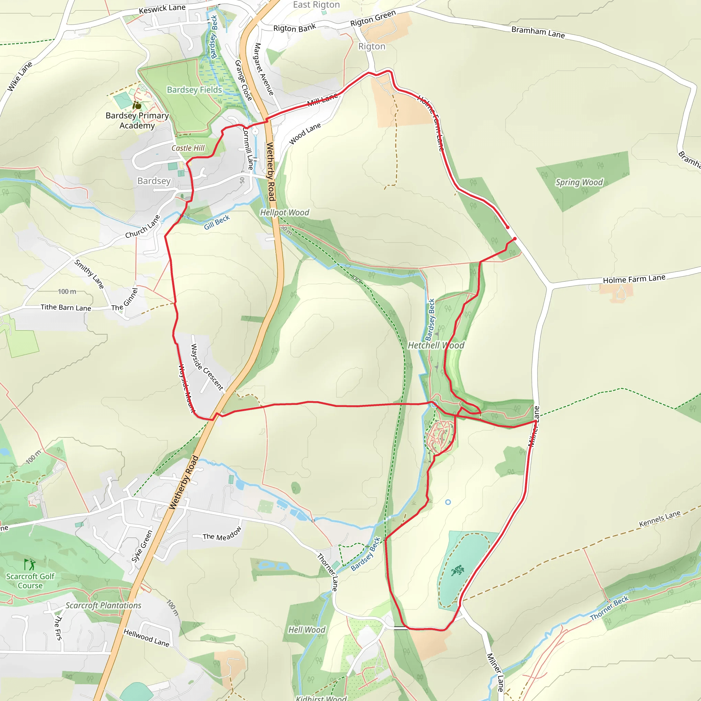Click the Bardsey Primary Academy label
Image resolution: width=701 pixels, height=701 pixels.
(x=137, y=120)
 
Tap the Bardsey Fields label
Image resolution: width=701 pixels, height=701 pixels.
(x=194, y=90)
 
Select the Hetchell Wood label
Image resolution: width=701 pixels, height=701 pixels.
(x=436, y=345)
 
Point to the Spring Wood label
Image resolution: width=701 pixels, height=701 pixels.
(x=579, y=182)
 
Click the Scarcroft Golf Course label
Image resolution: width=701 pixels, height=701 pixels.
(x=30, y=581)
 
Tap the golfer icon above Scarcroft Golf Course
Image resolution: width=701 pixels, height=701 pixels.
(x=30, y=564)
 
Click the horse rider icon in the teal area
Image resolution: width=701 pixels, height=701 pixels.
(x=458, y=570)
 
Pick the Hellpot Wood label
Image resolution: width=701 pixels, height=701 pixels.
(x=284, y=213)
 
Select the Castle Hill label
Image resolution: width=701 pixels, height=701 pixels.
(x=188, y=148)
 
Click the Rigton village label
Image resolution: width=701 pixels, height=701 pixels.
(x=371, y=47)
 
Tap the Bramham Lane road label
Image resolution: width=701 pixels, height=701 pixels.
(x=538, y=32)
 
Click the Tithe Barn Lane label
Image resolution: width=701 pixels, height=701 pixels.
(x=66, y=308)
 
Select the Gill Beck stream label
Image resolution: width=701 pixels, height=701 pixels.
(x=217, y=222)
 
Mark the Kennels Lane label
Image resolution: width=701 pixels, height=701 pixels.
(x=660, y=519)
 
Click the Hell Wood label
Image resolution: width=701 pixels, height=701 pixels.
(x=307, y=630)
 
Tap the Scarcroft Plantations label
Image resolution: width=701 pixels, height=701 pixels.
(x=103, y=606)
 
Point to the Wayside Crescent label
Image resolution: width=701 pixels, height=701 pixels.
(x=207, y=367)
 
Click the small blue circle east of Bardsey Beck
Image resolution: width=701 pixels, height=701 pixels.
(x=448, y=502)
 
